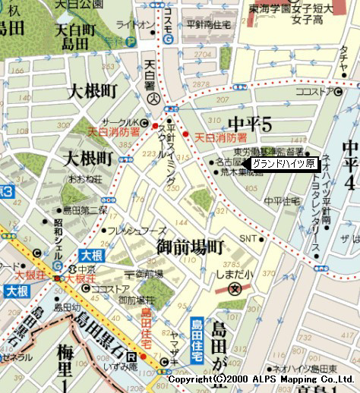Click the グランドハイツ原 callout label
(x=283, y=164)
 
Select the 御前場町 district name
(x=191, y=247)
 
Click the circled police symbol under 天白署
(x=153, y=99)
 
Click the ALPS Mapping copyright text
(x=261, y=379)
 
